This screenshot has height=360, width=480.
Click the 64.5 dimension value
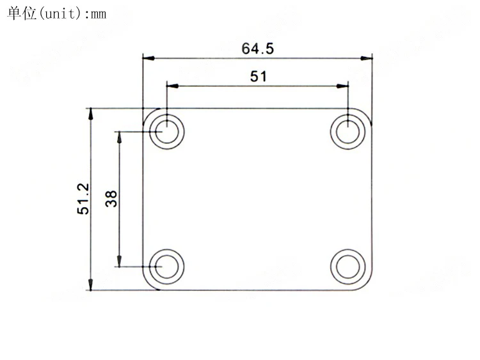pos(257,49)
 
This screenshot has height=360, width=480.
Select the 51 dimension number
pos(259,76)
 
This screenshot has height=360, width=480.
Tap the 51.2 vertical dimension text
pos(83,198)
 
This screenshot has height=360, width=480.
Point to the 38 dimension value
pos(111,198)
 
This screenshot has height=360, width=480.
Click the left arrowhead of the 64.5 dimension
pos(148,58)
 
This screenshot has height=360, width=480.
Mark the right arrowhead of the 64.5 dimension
pos(367,58)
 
